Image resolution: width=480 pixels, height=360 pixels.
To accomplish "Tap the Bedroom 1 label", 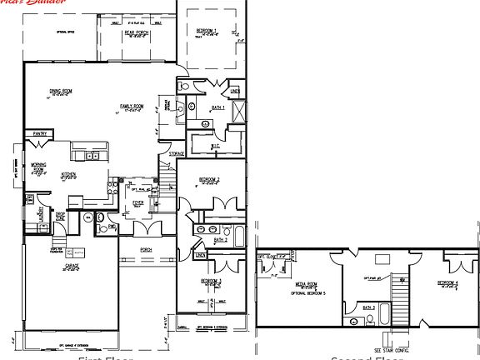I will [209, 32].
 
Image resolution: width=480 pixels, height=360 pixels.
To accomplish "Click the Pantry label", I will [38, 133].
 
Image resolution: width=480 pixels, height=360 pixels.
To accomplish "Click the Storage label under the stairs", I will [176, 154].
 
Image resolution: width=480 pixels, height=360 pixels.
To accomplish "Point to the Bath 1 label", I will [218, 109].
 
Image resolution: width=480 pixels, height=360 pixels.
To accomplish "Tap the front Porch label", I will [145, 249].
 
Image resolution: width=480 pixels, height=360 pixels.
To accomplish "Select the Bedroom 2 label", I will [209, 179].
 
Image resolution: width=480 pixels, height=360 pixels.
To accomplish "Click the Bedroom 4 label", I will [447, 283].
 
